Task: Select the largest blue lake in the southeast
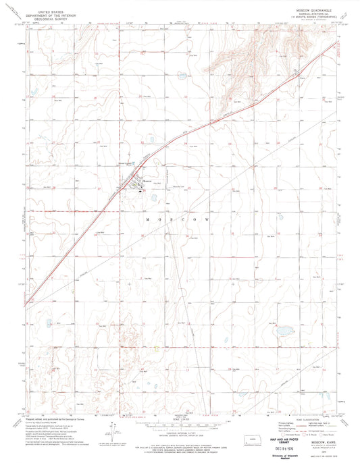tap(284, 331)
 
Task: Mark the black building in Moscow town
tap(140, 190)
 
